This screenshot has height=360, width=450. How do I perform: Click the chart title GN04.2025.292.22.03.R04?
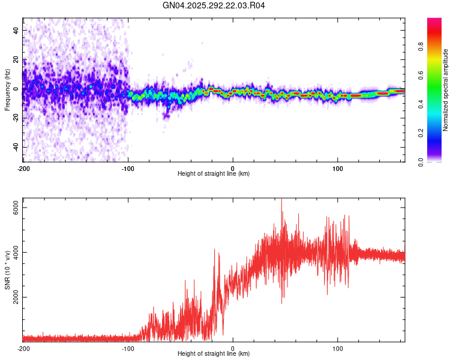pyautogui.click(x=214, y=6)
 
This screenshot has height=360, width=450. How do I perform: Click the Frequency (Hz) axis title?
pyautogui.click(x=7, y=90)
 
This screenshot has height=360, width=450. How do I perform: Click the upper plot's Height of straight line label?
pyautogui.click(x=214, y=173)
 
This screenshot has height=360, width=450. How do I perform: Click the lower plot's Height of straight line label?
pyautogui.click(x=214, y=353)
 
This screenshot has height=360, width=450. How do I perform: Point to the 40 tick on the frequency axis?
pyautogui.click(x=16, y=30)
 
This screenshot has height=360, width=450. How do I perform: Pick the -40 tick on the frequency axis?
pyautogui.click(x=16, y=147)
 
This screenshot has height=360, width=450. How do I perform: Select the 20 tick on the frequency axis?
pyautogui.click(x=16, y=59)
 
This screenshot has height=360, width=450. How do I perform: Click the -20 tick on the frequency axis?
pyautogui.click(x=16, y=118)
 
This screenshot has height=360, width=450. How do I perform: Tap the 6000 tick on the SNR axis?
pyautogui.click(x=16, y=207)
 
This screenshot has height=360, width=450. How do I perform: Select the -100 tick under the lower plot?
pyautogui.click(x=127, y=347)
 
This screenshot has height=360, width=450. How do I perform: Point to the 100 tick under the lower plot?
pyautogui.click(x=337, y=347)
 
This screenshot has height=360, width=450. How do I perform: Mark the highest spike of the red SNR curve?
pyautogui.click(x=281, y=200)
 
